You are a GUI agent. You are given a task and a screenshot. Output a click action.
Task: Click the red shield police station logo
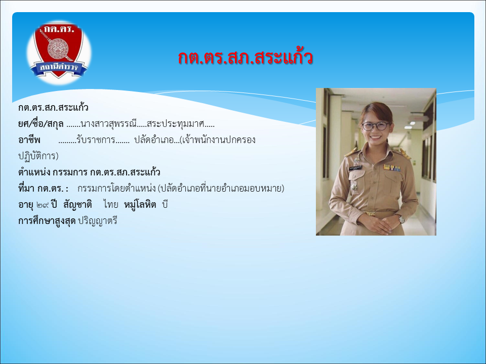pos(59,51)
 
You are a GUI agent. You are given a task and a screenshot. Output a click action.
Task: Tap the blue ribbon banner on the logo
pos(59,68)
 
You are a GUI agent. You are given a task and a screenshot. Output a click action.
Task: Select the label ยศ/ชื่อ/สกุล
pos(41,124)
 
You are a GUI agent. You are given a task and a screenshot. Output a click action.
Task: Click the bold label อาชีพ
pos(29,140)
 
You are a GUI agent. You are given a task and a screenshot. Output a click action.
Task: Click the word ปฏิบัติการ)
pos(38,156)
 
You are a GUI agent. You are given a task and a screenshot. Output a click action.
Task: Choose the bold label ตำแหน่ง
pos(34,172)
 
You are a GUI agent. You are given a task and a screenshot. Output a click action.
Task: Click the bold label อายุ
pos(25,205)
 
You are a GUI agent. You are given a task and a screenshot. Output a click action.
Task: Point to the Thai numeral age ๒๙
pos(43,205)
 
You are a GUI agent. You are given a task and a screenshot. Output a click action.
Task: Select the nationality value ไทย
pos(111,205)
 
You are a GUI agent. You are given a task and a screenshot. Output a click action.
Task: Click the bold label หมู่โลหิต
pos(140,205)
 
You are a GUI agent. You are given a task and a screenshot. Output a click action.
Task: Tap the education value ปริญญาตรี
pos(98,221)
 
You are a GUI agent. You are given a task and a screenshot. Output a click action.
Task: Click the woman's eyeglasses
pos(375,126)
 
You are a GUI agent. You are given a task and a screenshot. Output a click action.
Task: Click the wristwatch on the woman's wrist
pos(401,219)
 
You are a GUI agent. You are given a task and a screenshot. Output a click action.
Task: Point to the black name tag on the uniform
pos(355,168)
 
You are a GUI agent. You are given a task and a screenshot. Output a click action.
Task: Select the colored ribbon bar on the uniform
pos(392,168)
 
